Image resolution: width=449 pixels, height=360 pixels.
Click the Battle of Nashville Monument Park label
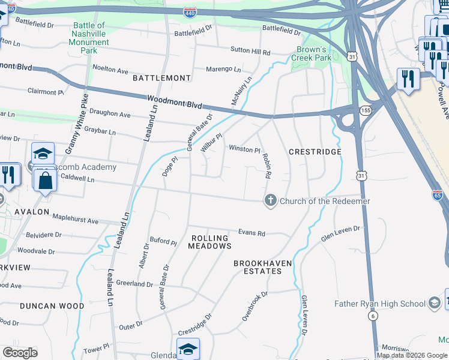(x=89, y=38)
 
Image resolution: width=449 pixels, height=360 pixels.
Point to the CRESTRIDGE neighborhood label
(x=315, y=152)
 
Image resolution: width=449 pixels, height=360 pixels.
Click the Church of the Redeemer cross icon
(x=270, y=201)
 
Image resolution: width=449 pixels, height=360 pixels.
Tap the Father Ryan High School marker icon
(x=435, y=303)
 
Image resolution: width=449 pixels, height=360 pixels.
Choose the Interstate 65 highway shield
(x=438, y=195)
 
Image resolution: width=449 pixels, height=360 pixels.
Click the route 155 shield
(x=365, y=111)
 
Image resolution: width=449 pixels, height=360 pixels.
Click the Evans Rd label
(x=252, y=233)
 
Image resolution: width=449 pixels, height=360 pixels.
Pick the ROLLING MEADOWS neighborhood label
(x=211, y=242)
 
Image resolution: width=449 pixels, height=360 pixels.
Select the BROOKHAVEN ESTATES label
(x=258, y=267)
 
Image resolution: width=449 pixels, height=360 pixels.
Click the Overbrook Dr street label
(x=255, y=306)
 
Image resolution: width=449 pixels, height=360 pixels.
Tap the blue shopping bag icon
(x=46, y=178)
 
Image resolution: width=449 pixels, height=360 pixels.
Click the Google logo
(x=20, y=353)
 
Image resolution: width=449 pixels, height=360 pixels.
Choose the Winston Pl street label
(x=243, y=149)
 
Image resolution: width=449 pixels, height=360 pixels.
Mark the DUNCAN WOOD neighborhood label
(x=52, y=305)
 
